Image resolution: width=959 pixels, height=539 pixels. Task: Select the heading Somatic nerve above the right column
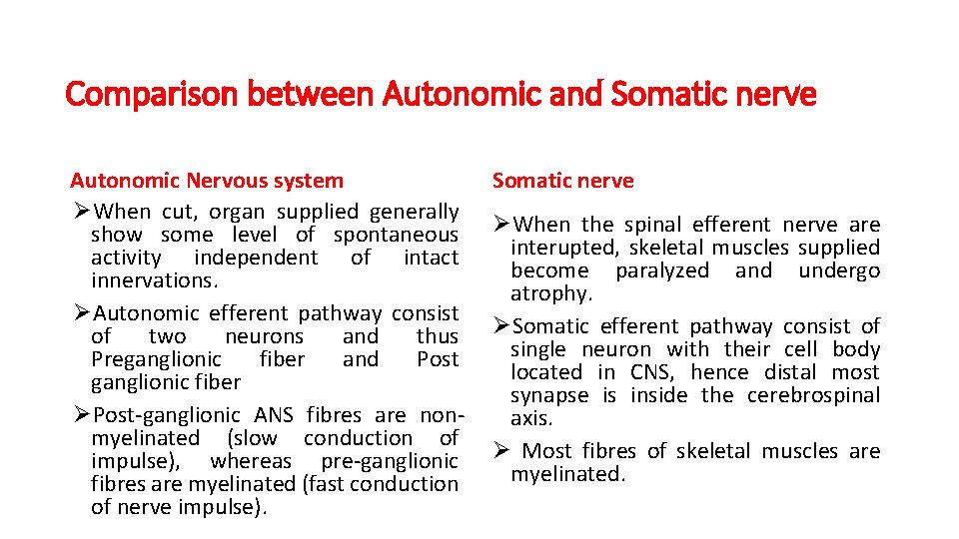562,181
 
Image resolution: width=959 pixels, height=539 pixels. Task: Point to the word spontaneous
396,235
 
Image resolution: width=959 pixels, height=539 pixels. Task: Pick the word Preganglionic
157,359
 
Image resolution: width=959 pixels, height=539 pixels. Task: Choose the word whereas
251,461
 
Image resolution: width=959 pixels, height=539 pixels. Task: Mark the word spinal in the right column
653,225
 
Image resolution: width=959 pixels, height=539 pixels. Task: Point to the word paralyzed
662,270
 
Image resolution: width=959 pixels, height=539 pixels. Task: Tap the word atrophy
549,293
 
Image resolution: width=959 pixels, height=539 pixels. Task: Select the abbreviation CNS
651,372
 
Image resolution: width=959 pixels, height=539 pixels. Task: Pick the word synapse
549,395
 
